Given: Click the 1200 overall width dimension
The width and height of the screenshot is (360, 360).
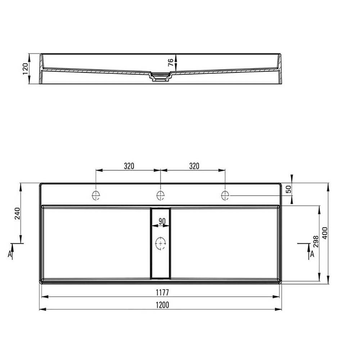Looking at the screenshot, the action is (162, 305).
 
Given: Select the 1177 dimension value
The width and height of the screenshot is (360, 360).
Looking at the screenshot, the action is (162, 292).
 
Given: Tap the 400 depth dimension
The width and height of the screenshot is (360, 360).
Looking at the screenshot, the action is (325, 233).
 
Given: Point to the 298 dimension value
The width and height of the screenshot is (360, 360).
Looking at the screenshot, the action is (316, 242).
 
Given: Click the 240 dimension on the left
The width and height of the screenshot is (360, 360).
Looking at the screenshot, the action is (17, 213).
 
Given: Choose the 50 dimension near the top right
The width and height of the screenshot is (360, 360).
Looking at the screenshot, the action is (288, 189).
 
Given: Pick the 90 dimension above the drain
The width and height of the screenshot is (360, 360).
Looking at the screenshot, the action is (162, 221).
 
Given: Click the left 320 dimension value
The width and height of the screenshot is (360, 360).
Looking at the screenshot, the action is (129, 166).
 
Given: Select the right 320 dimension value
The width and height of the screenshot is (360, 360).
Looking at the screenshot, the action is (194, 166).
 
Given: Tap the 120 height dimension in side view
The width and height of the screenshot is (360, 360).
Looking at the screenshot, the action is (25, 69).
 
